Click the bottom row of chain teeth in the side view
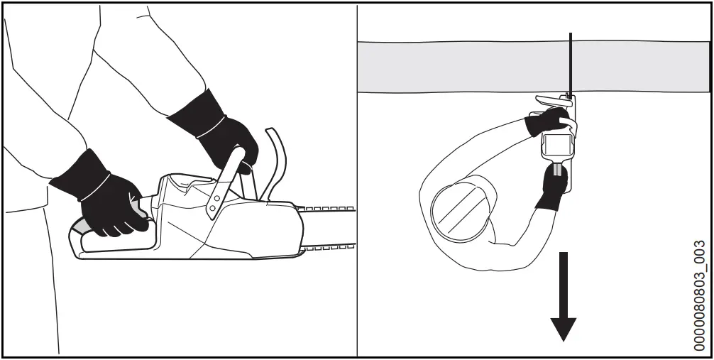pos(326,247)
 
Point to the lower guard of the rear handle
pos(114,244)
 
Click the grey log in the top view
pos(461,66)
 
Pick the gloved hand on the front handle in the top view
pos(547,120)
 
